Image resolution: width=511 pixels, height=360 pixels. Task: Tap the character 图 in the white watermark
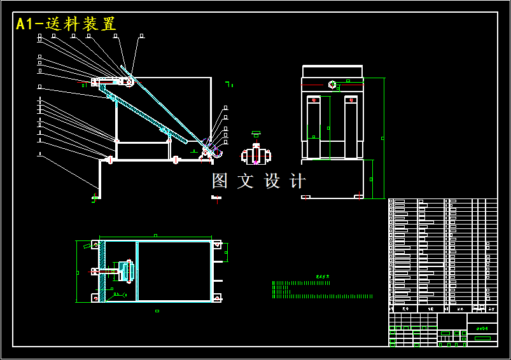[x=220, y=181]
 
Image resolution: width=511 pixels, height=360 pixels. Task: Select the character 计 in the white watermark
[x=298, y=181]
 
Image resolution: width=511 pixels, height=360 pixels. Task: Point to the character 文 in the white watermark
[x=246, y=181]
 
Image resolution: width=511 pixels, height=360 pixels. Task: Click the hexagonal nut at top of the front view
[x=332, y=84]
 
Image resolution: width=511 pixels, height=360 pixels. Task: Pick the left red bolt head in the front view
[x=314, y=99]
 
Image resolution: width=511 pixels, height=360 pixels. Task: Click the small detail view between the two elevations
[x=256, y=155]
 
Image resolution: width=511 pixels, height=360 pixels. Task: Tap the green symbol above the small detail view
[x=256, y=134]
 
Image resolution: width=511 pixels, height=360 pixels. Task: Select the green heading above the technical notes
[x=323, y=276]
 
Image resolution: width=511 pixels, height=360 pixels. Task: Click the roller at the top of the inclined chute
[x=128, y=81]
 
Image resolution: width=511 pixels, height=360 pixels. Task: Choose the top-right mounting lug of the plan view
[x=217, y=244]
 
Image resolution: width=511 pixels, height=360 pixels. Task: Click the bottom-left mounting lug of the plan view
[x=95, y=297]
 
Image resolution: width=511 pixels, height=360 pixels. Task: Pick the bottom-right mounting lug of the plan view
[x=217, y=297]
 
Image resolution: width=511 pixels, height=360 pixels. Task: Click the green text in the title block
[x=482, y=328]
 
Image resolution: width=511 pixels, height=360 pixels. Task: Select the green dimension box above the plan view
[x=155, y=236]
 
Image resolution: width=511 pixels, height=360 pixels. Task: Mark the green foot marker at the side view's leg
[x=95, y=197]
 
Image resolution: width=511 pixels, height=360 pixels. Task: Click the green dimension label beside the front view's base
[x=371, y=179]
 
